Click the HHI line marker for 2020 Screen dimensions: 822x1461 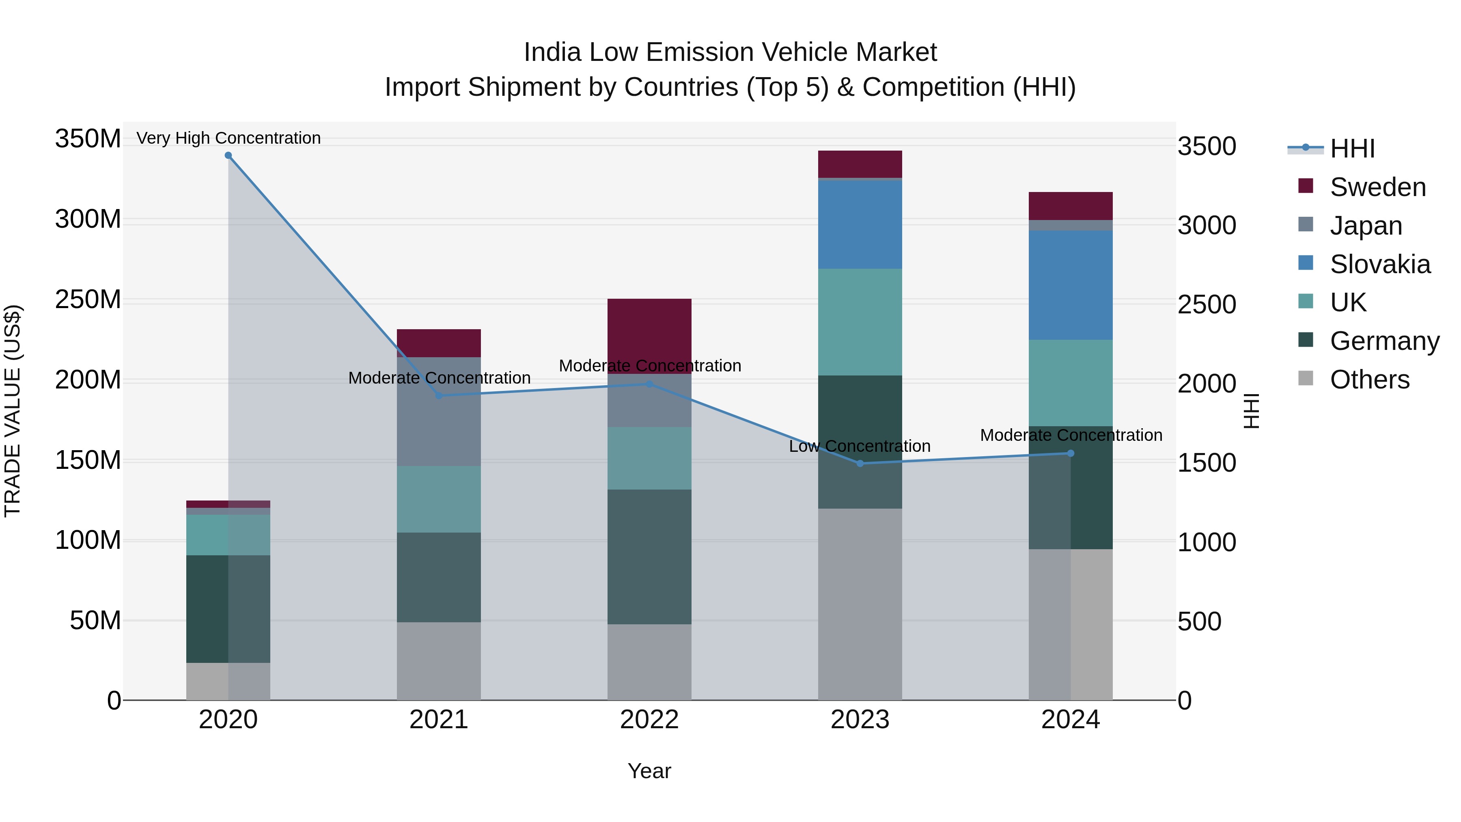[x=228, y=155]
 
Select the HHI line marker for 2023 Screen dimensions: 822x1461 [x=860, y=464]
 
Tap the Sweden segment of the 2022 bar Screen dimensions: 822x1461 [x=649, y=335]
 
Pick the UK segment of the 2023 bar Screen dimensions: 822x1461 [x=860, y=321]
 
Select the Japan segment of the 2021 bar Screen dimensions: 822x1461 [x=438, y=411]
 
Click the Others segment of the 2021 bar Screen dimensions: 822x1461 [x=438, y=661]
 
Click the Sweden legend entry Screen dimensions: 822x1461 [x=1377, y=187]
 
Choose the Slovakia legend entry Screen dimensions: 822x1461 [x=1379, y=264]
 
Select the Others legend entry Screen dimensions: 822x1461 [x=1369, y=380]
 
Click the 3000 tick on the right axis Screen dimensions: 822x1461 [x=1207, y=226]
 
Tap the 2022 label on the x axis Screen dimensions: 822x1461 [x=649, y=720]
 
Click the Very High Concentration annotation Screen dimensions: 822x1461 [x=228, y=138]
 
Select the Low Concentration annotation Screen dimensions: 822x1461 [x=860, y=447]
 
